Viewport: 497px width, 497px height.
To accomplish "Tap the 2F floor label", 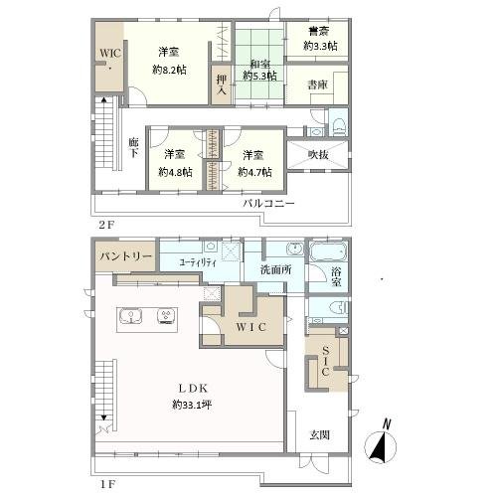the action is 106,225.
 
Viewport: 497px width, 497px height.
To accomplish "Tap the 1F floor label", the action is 107,484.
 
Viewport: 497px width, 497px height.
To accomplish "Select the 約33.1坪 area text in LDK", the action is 192,405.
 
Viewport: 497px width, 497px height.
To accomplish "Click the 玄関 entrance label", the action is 320,434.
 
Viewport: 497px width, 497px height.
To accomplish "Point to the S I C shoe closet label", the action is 326,361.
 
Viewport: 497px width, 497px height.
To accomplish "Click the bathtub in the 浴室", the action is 328,251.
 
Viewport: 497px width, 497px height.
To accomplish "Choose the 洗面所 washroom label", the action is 275,270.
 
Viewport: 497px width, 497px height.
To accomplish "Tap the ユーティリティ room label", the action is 198,262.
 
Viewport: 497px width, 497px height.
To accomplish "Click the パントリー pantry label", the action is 126,256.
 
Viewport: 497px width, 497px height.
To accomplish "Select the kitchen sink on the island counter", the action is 131,316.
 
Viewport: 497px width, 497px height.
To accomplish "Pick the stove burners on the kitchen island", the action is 166,316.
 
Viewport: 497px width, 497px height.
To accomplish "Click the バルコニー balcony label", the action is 268,203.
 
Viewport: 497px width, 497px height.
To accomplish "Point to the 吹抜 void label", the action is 318,154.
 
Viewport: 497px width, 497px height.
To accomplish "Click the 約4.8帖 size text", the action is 175,172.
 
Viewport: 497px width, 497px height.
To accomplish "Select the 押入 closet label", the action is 222,84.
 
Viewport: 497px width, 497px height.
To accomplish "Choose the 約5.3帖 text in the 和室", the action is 259,76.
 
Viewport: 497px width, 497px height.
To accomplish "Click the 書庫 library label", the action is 317,85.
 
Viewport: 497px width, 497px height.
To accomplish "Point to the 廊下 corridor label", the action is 133,147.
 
